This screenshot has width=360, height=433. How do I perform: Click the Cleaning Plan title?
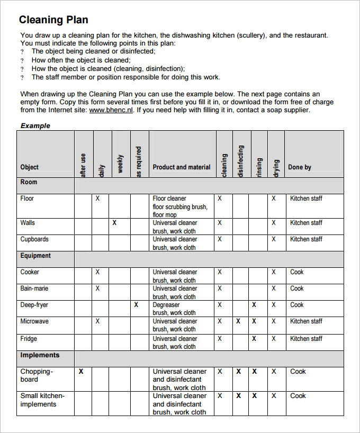[x=53, y=20]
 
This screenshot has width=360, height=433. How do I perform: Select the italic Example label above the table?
[x=35, y=125]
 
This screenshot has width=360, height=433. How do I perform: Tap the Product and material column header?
[x=182, y=167]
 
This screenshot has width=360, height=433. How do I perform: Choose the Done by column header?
[x=300, y=167]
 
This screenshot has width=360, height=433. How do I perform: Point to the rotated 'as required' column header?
[x=139, y=161]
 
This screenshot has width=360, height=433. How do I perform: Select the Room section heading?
[x=29, y=182]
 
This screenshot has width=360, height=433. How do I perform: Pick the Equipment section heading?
[x=35, y=256]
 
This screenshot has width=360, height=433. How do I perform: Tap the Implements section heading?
[x=40, y=355]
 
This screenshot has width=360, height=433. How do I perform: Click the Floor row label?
[x=27, y=199]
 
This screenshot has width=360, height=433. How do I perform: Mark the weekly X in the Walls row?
[x=114, y=223]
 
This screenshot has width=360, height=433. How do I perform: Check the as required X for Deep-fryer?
[x=136, y=305]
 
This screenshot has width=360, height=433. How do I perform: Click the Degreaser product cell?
[x=166, y=305]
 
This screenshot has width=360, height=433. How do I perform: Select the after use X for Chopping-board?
[x=81, y=372]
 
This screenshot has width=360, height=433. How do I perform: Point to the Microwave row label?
[x=34, y=321]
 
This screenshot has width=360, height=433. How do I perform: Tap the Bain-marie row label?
[x=34, y=288]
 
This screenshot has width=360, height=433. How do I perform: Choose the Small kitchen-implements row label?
[x=42, y=400]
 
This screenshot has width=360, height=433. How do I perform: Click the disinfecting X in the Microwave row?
[x=238, y=321]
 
